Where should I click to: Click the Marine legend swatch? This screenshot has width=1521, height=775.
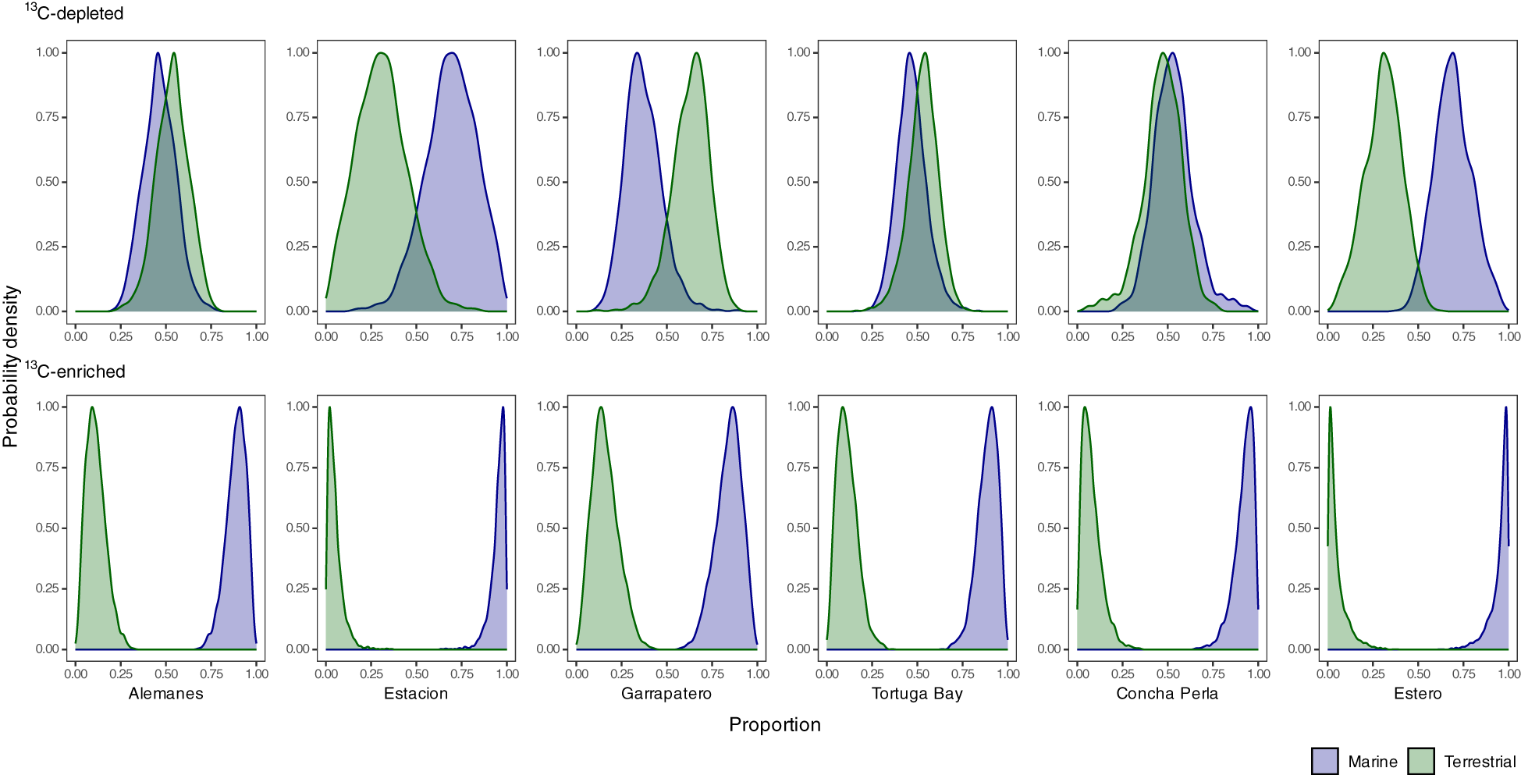click(x=1324, y=761)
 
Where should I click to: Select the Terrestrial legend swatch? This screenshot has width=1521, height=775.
click(x=1421, y=761)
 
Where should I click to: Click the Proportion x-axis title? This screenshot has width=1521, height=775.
click(x=774, y=724)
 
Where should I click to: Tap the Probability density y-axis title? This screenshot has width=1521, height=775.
click(x=11, y=365)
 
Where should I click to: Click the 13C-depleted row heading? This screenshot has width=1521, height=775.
click(x=75, y=13)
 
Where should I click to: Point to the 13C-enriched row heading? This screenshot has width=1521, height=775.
click(x=76, y=371)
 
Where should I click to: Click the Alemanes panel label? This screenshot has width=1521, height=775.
click(x=165, y=693)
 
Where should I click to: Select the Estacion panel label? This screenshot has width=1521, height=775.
click(x=416, y=693)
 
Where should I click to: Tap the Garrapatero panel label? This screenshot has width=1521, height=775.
click(x=666, y=693)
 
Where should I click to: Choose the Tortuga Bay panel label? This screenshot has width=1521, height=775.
click(x=917, y=693)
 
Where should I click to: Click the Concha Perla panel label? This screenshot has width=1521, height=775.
click(x=1167, y=693)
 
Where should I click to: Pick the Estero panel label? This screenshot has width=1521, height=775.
click(x=1417, y=693)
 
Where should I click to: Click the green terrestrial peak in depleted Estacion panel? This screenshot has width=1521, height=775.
click(x=381, y=54)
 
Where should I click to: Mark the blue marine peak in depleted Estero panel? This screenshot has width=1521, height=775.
click(x=1452, y=54)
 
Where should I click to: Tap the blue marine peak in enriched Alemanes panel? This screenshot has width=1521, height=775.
click(x=239, y=408)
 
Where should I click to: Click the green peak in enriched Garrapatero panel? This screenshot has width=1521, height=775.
click(x=600, y=408)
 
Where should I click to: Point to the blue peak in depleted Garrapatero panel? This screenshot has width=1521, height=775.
click(x=637, y=54)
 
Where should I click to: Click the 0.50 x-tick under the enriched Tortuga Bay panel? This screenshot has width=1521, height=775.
click(x=917, y=674)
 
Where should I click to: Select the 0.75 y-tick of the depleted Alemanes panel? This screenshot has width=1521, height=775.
click(x=47, y=117)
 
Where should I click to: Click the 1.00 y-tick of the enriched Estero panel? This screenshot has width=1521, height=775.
click(x=1299, y=407)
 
